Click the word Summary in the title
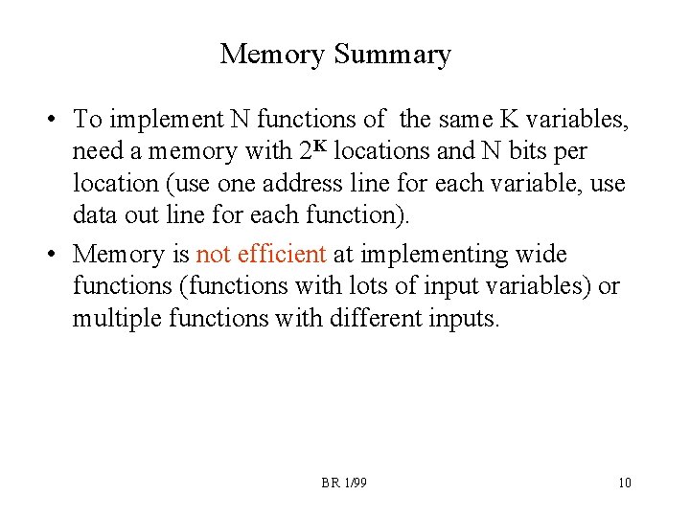pos(392,55)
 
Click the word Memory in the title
pos(273,55)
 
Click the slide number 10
pos(625,483)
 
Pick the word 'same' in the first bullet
pos(471,121)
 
